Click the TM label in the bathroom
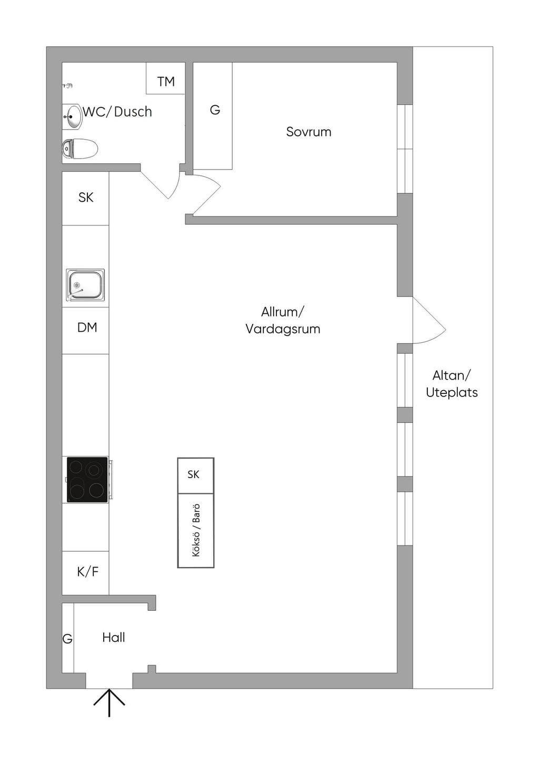[x=166, y=82]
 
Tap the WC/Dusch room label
[x=117, y=112]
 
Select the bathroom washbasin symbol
[x=72, y=117]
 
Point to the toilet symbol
[x=80, y=148]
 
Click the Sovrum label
[x=308, y=132]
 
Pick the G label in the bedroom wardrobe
[x=215, y=110]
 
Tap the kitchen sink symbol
[x=85, y=285]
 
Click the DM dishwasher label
[x=87, y=328]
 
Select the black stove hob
[x=87, y=479]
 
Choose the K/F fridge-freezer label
[x=88, y=571]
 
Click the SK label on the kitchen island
[x=193, y=474]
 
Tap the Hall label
[x=114, y=637]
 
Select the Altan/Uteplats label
[x=452, y=384]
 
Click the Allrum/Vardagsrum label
[x=283, y=320]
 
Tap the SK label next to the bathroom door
[x=85, y=197]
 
